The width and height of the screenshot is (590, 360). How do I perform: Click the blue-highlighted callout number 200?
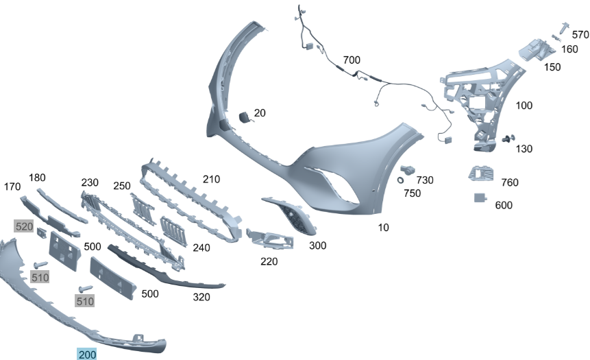(87, 355)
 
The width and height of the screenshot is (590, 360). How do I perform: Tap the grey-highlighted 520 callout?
(24, 226)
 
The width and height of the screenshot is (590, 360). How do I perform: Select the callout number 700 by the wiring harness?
(352, 60)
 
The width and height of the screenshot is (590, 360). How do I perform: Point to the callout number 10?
(383, 228)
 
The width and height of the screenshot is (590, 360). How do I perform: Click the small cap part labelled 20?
(245, 117)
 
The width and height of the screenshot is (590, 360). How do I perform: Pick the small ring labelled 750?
(400, 180)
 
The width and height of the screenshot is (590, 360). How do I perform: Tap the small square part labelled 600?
(480, 197)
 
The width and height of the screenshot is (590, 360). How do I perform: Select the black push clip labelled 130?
(508, 139)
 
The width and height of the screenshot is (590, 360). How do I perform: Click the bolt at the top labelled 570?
(564, 29)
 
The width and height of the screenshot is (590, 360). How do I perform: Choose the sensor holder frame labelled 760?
(481, 173)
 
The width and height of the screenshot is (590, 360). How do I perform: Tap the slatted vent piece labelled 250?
(143, 209)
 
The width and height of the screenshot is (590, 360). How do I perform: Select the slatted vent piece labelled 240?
(173, 231)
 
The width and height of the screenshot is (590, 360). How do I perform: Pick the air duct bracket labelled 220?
(269, 239)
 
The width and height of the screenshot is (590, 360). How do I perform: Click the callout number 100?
(524, 106)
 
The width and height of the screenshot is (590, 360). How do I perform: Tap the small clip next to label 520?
(42, 233)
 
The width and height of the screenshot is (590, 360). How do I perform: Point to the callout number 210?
(211, 179)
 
